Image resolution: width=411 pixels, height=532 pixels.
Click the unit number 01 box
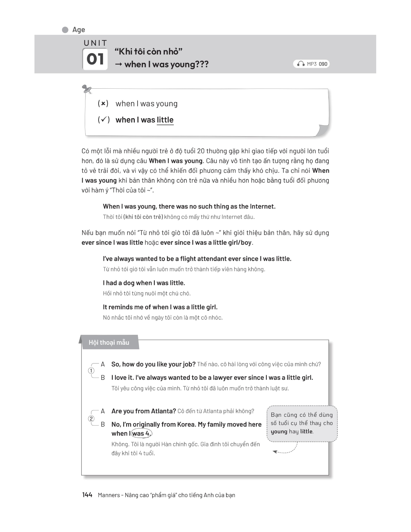[x=95, y=59]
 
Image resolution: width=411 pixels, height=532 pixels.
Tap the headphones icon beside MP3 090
[x=301, y=64]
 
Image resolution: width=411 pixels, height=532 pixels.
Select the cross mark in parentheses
[x=103, y=104]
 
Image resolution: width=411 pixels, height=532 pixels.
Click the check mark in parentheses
[x=103, y=120]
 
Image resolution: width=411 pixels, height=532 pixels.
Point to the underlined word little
[x=165, y=120]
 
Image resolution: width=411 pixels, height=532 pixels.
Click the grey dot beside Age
[x=65, y=30]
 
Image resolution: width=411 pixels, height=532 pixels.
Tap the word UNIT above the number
[x=95, y=43]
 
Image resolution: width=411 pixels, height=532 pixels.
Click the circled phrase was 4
[x=141, y=433]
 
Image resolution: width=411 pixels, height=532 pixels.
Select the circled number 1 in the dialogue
[x=91, y=371]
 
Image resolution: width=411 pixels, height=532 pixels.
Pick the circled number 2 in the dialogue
[x=91, y=419]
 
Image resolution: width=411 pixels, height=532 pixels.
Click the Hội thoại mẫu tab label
[x=109, y=342]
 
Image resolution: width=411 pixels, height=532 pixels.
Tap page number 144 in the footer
[x=87, y=495]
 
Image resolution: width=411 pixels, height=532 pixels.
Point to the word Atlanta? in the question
[x=163, y=411]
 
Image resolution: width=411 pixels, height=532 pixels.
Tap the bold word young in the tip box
[x=279, y=432]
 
